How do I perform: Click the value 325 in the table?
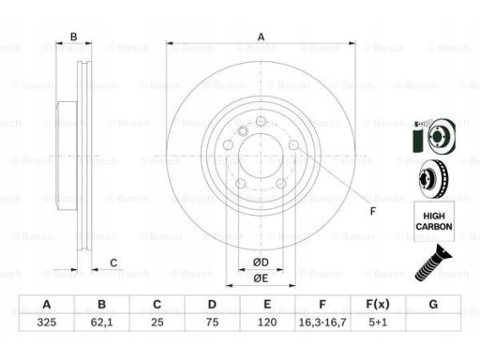point(47,322)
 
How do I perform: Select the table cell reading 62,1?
point(101,322)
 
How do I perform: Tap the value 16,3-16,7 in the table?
point(322,322)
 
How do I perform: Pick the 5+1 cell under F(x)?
point(378,322)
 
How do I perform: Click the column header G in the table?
point(433,304)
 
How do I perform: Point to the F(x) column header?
point(378,304)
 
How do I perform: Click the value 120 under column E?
point(267,322)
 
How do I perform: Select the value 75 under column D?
point(212,322)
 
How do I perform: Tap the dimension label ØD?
point(261,262)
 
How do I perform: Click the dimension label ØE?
point(261,277)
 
